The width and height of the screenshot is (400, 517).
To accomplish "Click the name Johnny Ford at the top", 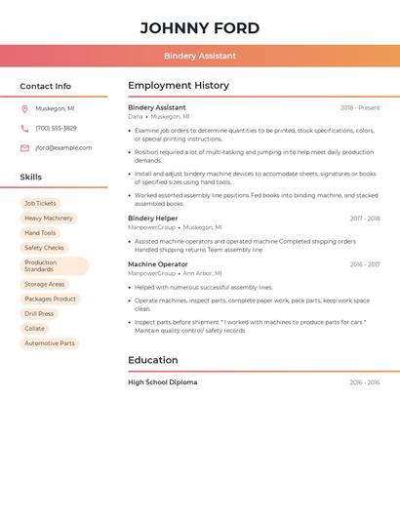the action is pyautogui.click(x=199, y=27).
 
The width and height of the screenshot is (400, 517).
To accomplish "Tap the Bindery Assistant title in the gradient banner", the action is pyautogui.click(x=199, y=56).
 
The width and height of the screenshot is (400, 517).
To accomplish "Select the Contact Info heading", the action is pyautogui.click(x=45, y=86).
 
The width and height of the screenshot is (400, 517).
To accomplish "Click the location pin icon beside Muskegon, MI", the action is pyautogui.click(x=24, y=108).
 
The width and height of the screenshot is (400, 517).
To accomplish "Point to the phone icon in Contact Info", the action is pyautogui.click(x=24, y=128).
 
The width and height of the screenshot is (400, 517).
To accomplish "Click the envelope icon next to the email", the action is pyautogui.click(x=24, y=147).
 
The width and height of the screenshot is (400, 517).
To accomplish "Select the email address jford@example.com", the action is pyautogui.click(x=63, y=147).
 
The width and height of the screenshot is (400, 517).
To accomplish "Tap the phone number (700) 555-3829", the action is pyautogui.click(x=56, y=128).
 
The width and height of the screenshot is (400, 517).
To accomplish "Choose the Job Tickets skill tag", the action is pyautogui.click(x=40, y=203).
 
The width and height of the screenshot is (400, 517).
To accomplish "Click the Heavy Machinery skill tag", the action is pyautogui.click(x=49, y=219).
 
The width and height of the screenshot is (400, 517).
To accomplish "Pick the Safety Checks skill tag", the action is pyautogui.click(x=44, y=248).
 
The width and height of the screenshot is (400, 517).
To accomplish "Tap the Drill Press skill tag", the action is pyautogui.click(x=39, y=313).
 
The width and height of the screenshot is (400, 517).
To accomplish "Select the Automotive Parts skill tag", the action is pyautogui.click(x=50, y=343).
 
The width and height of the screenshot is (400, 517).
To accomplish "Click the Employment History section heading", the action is pyautogui.click(x=179, y=86).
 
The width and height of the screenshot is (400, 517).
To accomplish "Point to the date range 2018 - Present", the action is pyautogui.click(x=360, y=107).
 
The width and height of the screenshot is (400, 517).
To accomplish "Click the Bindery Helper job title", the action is pyautogui.click(x=153, y=219).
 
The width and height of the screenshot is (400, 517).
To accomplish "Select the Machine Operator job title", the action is pyautogui.click(x=158, y=264).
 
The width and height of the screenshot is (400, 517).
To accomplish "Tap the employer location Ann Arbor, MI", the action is pyautogui.click(x=202, y=273).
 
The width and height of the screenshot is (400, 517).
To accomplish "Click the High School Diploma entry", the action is pyautogui.click(x=162, y=382).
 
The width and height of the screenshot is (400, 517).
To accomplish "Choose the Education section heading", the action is pyautogui.click(x=152, y=360).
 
